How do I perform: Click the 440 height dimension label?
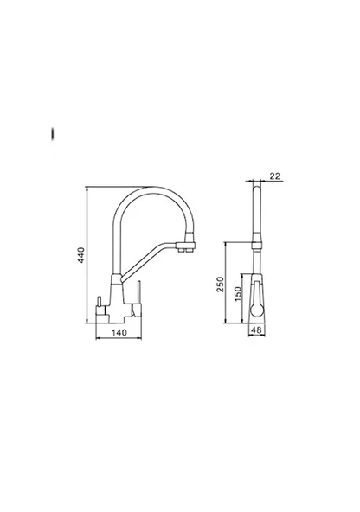81,255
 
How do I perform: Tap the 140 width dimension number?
119,333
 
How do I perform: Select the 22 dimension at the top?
275,176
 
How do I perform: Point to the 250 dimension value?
221,284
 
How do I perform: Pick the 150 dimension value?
238,294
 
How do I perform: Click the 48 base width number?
257,330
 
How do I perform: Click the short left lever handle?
100,302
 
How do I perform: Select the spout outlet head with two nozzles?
186,246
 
